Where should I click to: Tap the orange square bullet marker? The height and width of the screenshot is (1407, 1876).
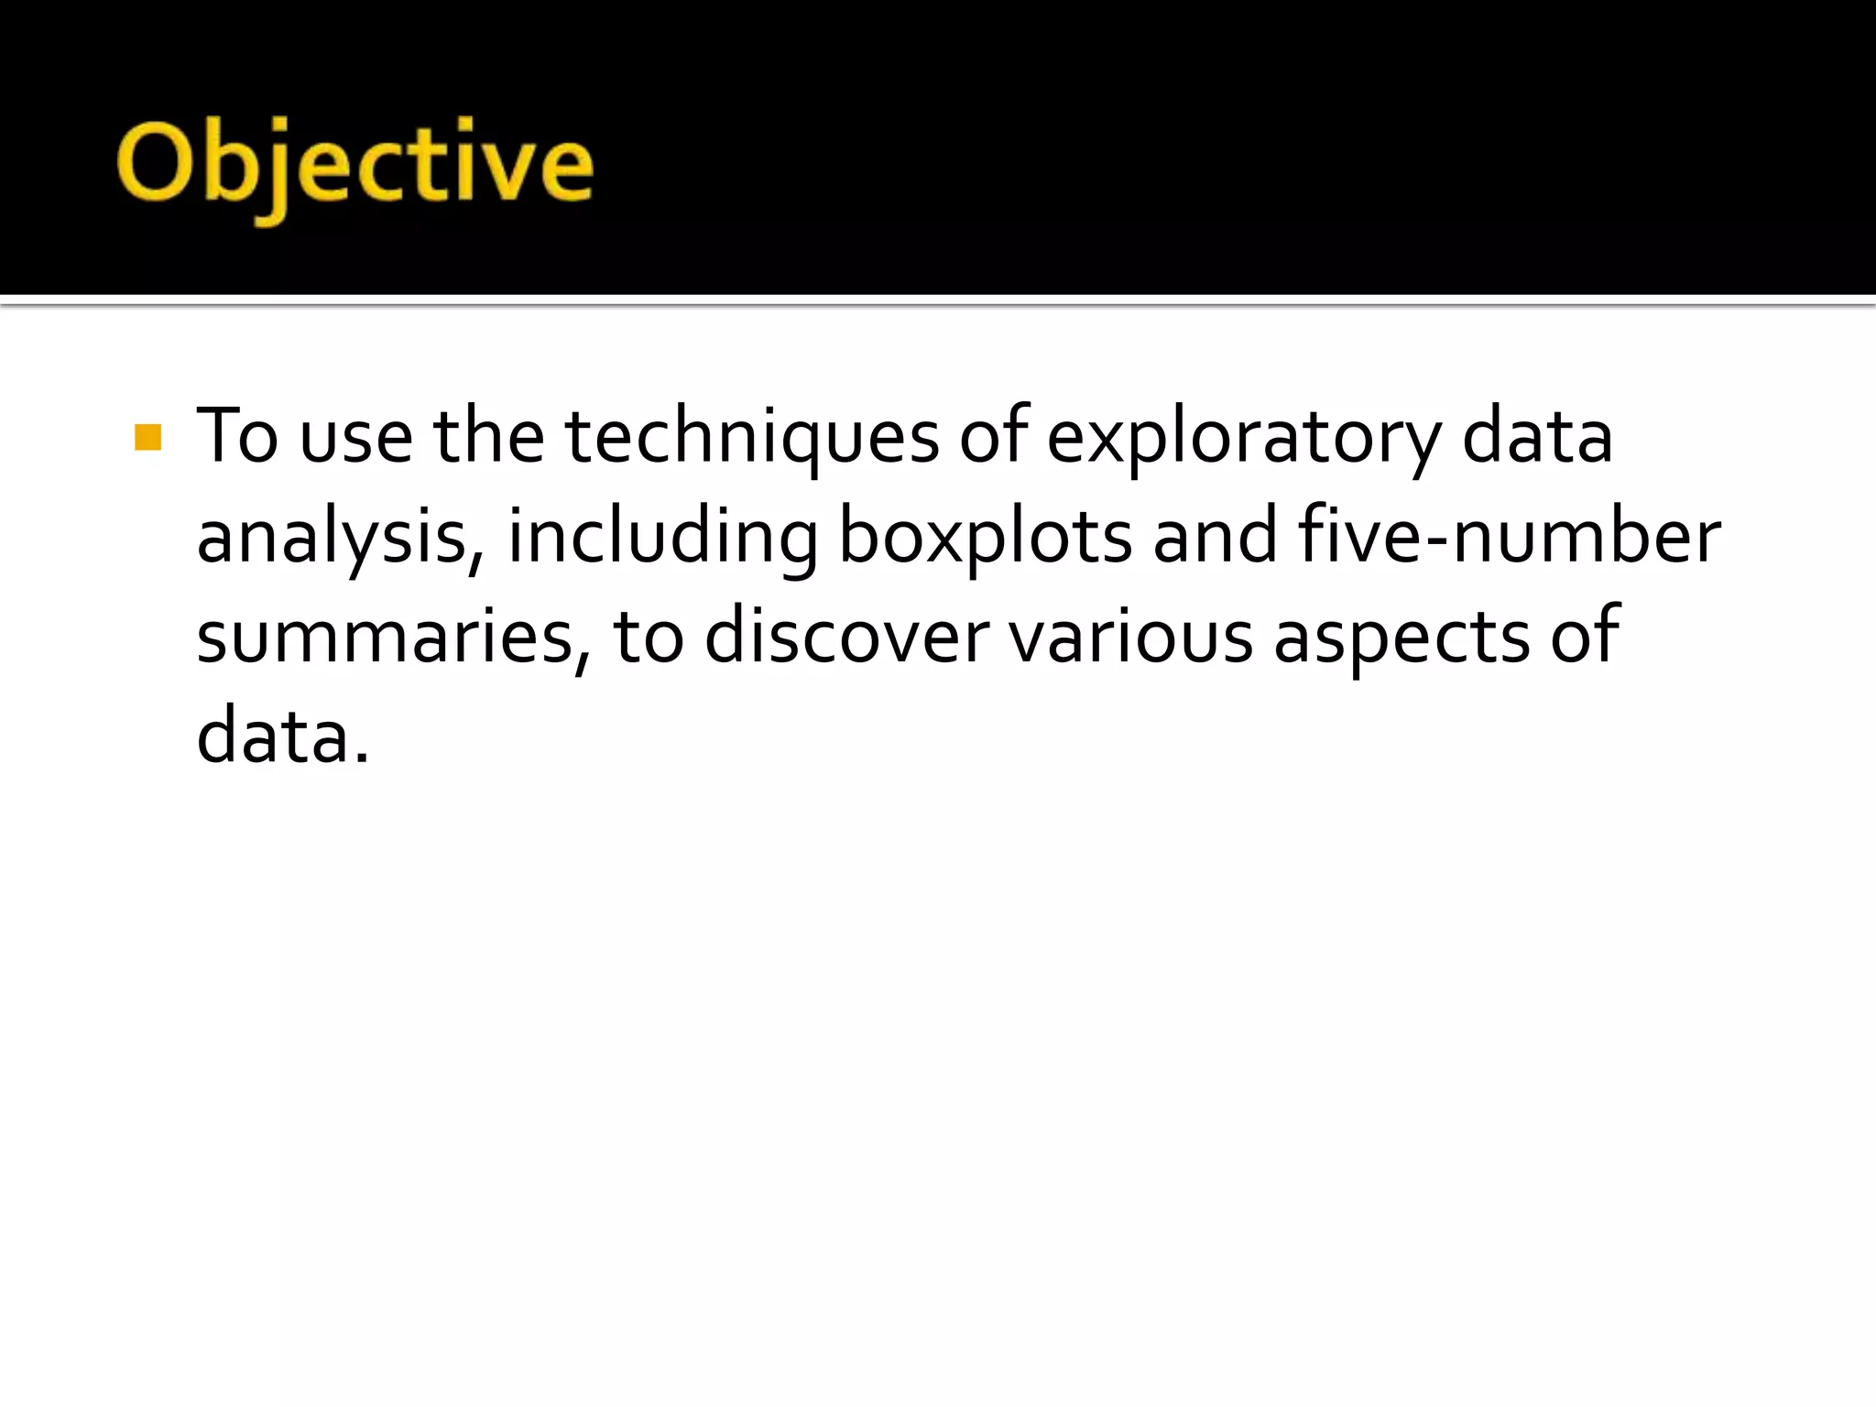147,438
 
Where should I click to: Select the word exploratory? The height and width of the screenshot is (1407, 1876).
1243,438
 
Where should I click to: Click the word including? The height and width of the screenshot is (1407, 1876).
662,539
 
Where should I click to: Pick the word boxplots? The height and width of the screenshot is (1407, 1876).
985,539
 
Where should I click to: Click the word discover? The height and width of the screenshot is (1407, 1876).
846,638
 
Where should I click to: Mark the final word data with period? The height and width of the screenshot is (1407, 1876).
282,736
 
